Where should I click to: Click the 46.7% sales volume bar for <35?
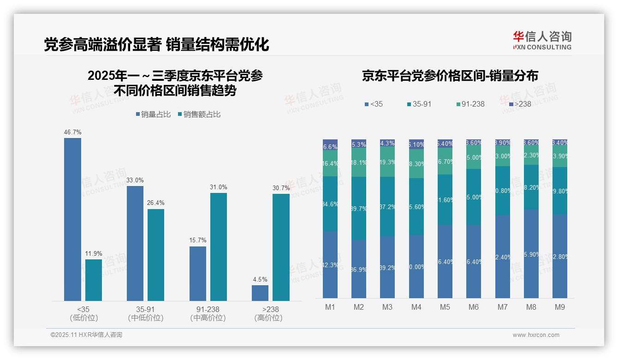pyautogui.click(x=72, y=219)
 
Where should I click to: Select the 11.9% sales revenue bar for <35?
pyautogui.click(x=93, y=280)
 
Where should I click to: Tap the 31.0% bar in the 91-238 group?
pyautogui.click(x=219, y=246)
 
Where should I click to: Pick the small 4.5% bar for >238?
pyautogui.click(x=260, y=293)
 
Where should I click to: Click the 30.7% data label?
pyautogui.click(x=281, y=188)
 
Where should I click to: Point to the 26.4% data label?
pyautogui.click(x=156, y=203)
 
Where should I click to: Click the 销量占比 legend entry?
pyautogui.click(x=153, y=114)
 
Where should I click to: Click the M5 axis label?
pyautogui.click(x=445, y=307)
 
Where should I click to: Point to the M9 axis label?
pyautogui.click(x=559, y=307)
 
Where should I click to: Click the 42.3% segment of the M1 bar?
pyautogui.click(x=330, y=264)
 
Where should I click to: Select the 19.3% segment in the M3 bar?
pyautogui.click(x=387, y=162)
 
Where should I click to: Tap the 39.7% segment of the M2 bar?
pyautogui.click(x=359, y=208)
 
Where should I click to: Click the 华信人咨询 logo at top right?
pyautogui.click(x=542, y=41)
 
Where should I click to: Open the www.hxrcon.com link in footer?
pyautogui.click(x=536, y=335)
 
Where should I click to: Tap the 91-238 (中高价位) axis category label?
pyautogui.click(x=208, y=313)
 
